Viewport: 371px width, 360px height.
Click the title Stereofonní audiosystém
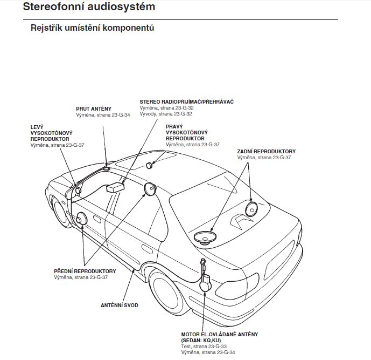(89, 8)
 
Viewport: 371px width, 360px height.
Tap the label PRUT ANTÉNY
(94, 108)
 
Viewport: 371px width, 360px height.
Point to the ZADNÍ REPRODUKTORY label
(266, 151)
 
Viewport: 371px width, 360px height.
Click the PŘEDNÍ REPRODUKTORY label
(85, 271)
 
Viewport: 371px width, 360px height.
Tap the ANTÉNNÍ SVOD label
(120, 305)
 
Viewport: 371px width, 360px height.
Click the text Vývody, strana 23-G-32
(166, 114)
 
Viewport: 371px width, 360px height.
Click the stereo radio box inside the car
(116, 187)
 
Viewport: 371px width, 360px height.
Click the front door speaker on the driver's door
(82, 219)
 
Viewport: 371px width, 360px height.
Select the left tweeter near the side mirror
(78, 190)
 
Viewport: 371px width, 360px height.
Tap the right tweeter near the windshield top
(149, 165)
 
